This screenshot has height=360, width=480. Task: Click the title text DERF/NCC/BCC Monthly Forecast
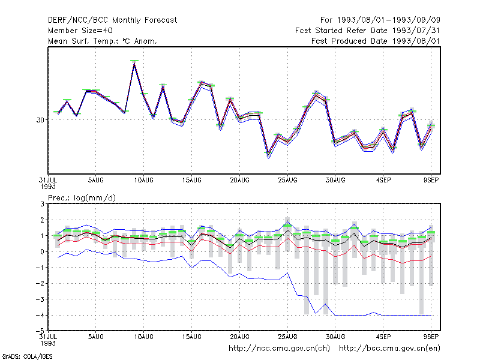[x=112, y=20]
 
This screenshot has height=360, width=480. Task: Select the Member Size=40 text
[x=80, y=31]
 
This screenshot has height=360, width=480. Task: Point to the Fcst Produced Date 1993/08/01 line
[x=376, y=41]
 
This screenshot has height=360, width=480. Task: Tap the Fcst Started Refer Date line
[x=368, y=31]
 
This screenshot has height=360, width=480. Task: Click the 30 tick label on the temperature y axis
[x=40, y=120]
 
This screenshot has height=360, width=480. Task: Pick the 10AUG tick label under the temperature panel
[x=143, y=181]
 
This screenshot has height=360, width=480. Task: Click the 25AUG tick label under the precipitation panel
[x=287, y=337]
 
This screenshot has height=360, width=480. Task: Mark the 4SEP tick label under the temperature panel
[x=383, y=181]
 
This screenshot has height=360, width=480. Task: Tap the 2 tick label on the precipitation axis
[x=42, y=220]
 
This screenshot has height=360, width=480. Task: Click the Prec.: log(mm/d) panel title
[x=82, y=198]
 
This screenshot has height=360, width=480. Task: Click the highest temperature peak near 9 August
[x=134, y=63]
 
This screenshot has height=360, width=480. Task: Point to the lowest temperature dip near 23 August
[x=268, y=155]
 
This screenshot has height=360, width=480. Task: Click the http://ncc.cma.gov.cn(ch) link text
[x=279, y=349]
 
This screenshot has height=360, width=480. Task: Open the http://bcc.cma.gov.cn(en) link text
[x=389, y=349]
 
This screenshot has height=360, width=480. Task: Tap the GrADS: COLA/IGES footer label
[x=27, y=356]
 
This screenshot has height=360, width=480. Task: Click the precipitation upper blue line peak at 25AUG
[x=287, y=222]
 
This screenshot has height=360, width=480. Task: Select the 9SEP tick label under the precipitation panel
[x=431, y=337]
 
